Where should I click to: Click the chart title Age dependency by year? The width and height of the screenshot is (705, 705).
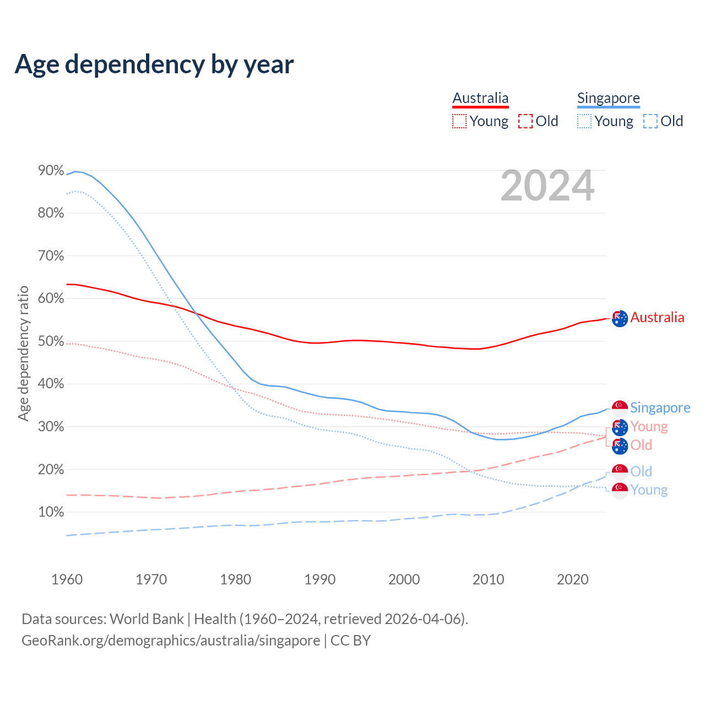pos(154,64)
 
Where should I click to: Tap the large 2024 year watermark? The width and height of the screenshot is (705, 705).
pos(547,186)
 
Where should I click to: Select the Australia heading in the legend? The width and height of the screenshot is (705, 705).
pos(480,98)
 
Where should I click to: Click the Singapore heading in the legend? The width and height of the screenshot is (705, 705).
pos(608,98)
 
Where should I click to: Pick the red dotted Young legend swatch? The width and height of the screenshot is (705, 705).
pos(459,121)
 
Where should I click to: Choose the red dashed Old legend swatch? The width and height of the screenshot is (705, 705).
pos(525,121)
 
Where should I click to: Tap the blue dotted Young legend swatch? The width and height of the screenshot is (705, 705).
pos(584,121)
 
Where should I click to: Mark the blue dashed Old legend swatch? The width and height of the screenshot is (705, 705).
pos(650,121)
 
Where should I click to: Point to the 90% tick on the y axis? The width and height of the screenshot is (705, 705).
pos(51,171)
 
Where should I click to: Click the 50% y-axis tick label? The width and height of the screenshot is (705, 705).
pos(51,341)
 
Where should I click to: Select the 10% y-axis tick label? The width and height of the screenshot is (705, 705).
pos(51,512)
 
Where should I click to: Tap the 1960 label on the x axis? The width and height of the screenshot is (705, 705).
pos(67,579)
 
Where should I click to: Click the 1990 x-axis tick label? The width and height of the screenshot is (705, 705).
pos(320,579)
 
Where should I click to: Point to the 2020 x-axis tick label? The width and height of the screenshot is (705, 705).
pos(573,579)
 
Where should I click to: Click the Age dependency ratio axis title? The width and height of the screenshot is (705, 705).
pos(23,353)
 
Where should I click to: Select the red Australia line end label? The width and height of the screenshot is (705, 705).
pos(657,317)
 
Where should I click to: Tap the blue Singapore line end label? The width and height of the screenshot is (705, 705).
pos(660,408)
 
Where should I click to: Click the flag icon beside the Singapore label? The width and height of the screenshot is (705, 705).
pos(620,409)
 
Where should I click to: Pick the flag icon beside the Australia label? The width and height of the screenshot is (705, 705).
pos(620,318)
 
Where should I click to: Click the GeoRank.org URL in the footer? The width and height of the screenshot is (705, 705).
pos(171,641)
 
